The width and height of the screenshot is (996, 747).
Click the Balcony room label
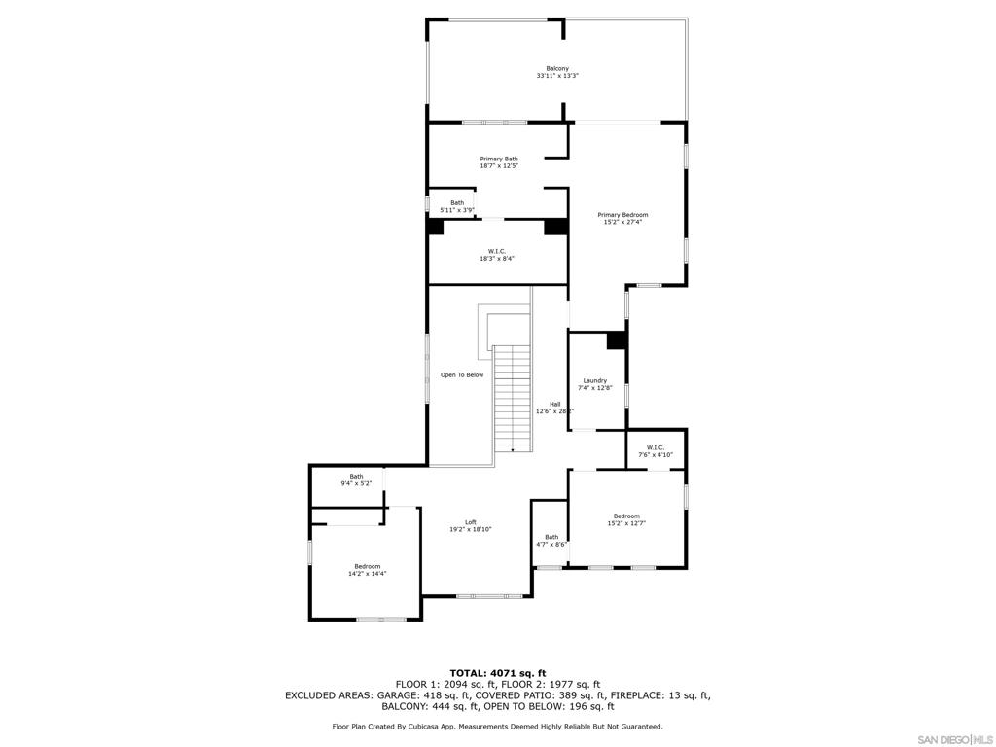[557, 68]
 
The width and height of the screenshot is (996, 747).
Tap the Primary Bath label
[499, 159]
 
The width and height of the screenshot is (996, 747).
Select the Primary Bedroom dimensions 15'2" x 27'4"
[622, 222]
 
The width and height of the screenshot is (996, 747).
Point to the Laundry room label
[595, 380]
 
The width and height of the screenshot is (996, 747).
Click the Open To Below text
[462, 374]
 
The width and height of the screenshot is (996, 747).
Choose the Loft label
[471, 522]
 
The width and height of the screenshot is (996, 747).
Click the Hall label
[554, 404]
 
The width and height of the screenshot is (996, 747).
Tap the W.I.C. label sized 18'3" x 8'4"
[497, 251]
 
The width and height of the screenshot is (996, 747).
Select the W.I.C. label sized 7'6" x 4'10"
[656, 447]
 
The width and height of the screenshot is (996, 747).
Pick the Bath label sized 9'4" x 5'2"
[356, 476]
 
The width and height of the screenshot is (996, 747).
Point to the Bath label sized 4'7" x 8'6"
[551, 537]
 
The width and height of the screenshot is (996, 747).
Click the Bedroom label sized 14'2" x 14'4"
[368, 566]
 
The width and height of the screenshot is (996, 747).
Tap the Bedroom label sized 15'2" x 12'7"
[626, 516]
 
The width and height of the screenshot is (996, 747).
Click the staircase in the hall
[513, 399]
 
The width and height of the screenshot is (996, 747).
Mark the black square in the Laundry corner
[617, 340]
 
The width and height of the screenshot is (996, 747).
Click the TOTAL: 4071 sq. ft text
[498, 673]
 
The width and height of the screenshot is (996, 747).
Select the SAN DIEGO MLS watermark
[955, 740]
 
